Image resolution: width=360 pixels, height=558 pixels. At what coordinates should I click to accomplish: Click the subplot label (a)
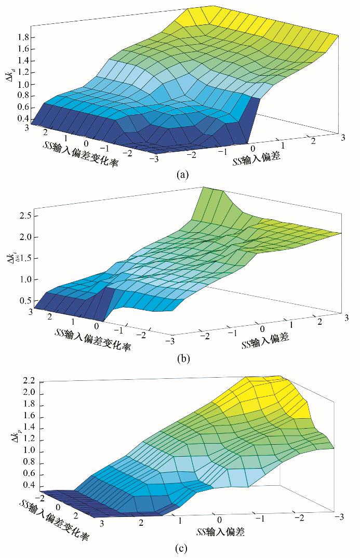(182, 174)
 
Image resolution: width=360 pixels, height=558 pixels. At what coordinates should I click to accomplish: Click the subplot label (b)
(182, 358)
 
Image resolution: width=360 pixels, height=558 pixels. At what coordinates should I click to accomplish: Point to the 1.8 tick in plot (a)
(22, 37)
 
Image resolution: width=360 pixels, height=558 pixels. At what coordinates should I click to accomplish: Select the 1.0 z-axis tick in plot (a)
(22, 84)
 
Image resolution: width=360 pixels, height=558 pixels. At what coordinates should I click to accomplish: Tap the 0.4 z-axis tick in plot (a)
(22, 119)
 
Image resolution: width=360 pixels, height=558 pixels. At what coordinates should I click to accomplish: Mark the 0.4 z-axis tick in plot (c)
(29, 486)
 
